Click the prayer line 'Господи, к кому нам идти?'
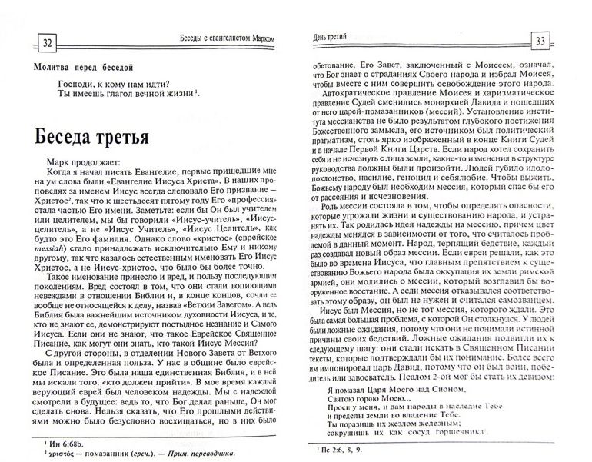click(113, 83)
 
